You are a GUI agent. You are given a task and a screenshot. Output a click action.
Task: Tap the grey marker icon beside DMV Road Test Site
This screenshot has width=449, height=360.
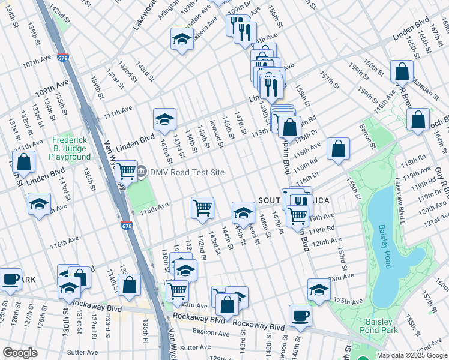(142, 172)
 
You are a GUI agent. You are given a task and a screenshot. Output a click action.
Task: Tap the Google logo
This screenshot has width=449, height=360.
(20, 352)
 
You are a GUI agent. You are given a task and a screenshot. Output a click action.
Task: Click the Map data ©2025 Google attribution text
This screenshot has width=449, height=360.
(412, 355)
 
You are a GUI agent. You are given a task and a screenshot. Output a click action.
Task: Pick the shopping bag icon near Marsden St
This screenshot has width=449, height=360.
(402, 71)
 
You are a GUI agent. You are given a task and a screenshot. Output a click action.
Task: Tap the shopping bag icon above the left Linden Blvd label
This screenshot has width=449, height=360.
(23, 161)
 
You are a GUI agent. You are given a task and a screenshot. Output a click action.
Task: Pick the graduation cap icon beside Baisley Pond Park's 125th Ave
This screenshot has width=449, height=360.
(319, 289)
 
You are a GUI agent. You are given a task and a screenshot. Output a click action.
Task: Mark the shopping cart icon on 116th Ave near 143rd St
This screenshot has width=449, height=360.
(202, 207)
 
